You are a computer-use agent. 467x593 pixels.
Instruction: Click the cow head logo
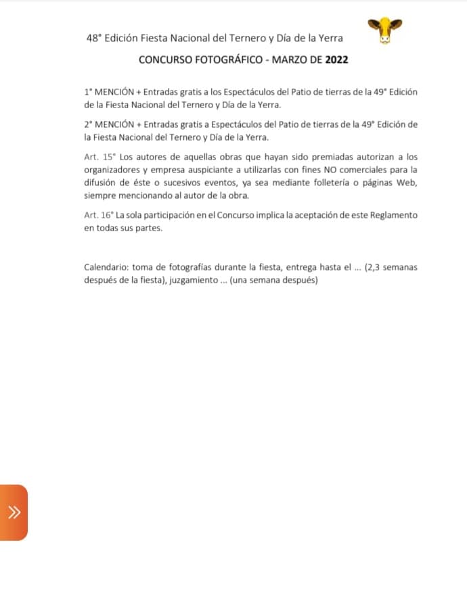point(384,30)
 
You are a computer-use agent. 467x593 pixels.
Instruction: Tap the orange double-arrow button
point(14,512)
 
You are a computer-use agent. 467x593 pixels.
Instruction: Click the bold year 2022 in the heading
point(336,60)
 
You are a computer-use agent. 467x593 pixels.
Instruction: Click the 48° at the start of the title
point(94,39)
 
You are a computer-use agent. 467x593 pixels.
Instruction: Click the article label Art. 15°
point(99,157)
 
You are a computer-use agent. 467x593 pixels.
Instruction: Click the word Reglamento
point(393,215)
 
